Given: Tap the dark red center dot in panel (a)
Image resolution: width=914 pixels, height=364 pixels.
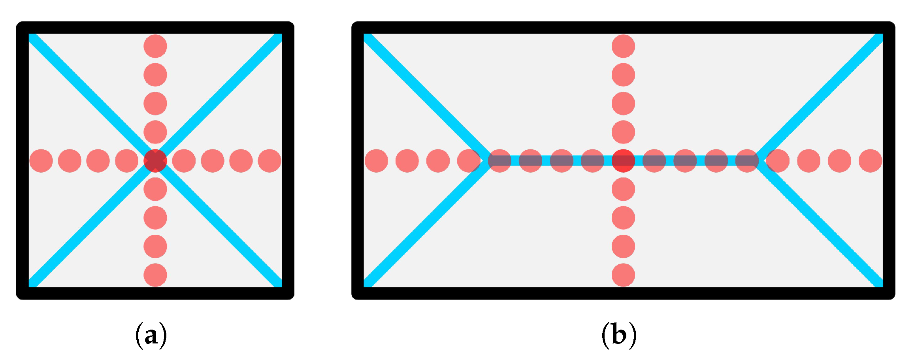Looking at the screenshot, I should tap(155, 161).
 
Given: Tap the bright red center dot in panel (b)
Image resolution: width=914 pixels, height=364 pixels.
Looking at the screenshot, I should tap(623, 161).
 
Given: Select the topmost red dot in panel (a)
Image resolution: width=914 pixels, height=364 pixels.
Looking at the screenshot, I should tap(155, 46).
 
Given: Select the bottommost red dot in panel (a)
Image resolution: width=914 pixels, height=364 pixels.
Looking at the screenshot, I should tap(155, 275).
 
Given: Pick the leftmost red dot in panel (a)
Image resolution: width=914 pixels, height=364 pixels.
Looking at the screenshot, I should tap(41, 161).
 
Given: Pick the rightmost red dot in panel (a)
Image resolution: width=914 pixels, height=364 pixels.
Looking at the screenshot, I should tap(269, 161).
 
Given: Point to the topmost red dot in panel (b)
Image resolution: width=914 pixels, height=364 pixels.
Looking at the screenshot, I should tap(623, 46).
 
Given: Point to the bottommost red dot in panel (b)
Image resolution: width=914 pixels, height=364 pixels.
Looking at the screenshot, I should tap(623, 275).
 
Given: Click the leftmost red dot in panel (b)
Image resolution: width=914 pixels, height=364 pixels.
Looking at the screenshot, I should tap(376, 161).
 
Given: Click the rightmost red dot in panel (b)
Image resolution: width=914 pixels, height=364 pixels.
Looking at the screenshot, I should tap(871, 161).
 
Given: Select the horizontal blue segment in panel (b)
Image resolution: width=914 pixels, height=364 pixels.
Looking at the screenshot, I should tap(577, 161).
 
